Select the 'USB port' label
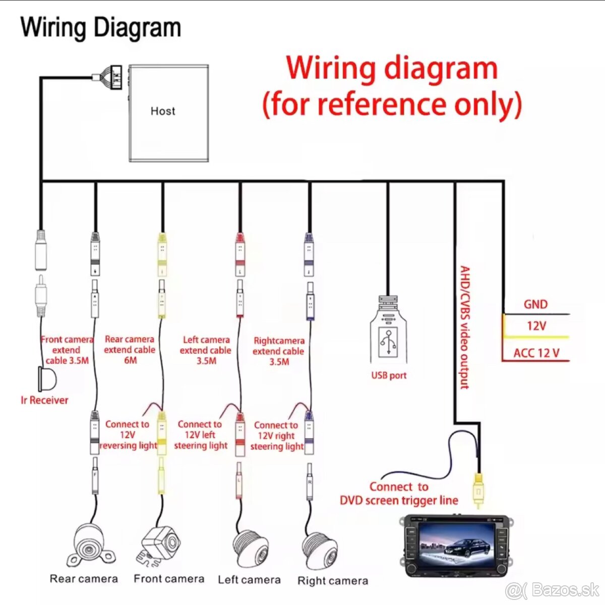point(388,375)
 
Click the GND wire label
point(535,304)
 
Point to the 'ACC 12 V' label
point(536,353)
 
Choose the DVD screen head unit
point(455,545)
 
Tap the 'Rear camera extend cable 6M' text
point(130,350)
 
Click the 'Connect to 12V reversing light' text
point(128,435)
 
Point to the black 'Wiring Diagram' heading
point(101,27)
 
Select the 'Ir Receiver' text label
point(44,401)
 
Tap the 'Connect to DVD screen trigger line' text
point(399,493)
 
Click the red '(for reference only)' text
point(392,104)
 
